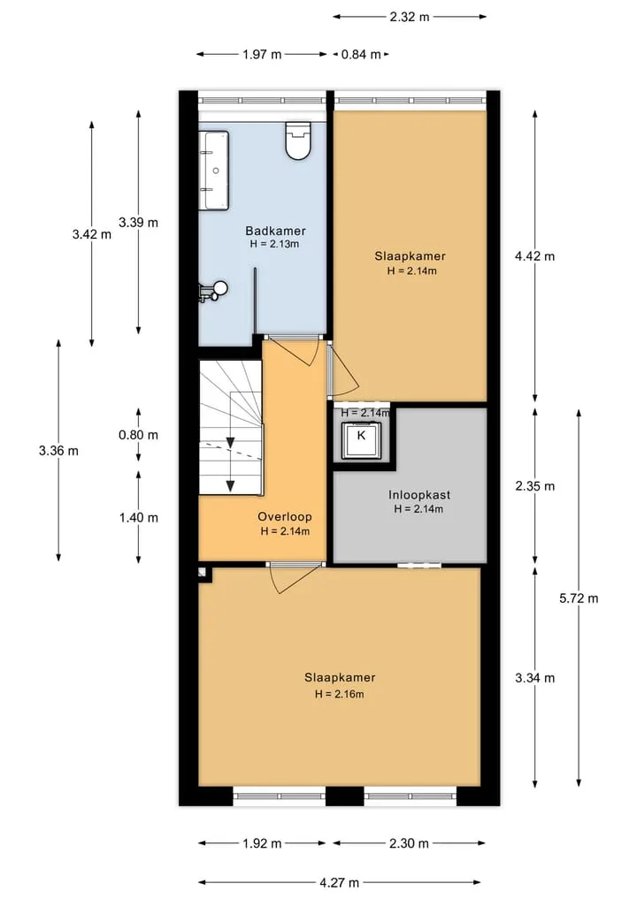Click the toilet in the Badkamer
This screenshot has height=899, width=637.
tap(298, 140)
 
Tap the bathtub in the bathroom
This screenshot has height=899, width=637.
tap(214, 171)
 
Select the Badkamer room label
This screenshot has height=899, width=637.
tap(275, 231)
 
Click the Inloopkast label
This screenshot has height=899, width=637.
tap(419, 495)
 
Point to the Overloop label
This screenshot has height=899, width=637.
tap(285, 516)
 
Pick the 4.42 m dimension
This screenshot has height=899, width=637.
tap(535, 256)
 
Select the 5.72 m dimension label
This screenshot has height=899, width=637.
tap(579, 598)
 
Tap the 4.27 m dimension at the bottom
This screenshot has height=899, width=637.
tap(339, 882)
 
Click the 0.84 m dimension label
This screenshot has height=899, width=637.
tap(361, 55)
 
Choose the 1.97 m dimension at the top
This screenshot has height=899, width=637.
tap(262, 55)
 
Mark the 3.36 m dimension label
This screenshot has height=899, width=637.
tap(58, 451)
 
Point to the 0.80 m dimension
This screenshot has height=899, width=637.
tap(138, 435)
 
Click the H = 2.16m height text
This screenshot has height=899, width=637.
tap(339, 694)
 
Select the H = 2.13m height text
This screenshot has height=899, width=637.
tap(275, 244)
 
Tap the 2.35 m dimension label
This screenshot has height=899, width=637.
tap(535, 486)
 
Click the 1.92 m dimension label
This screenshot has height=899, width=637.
tap(262, 843)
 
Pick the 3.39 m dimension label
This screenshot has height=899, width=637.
tap(138, 223)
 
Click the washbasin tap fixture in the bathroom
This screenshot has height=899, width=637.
tap(213, 291)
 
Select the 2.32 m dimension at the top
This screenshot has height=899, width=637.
tap(410, 17)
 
